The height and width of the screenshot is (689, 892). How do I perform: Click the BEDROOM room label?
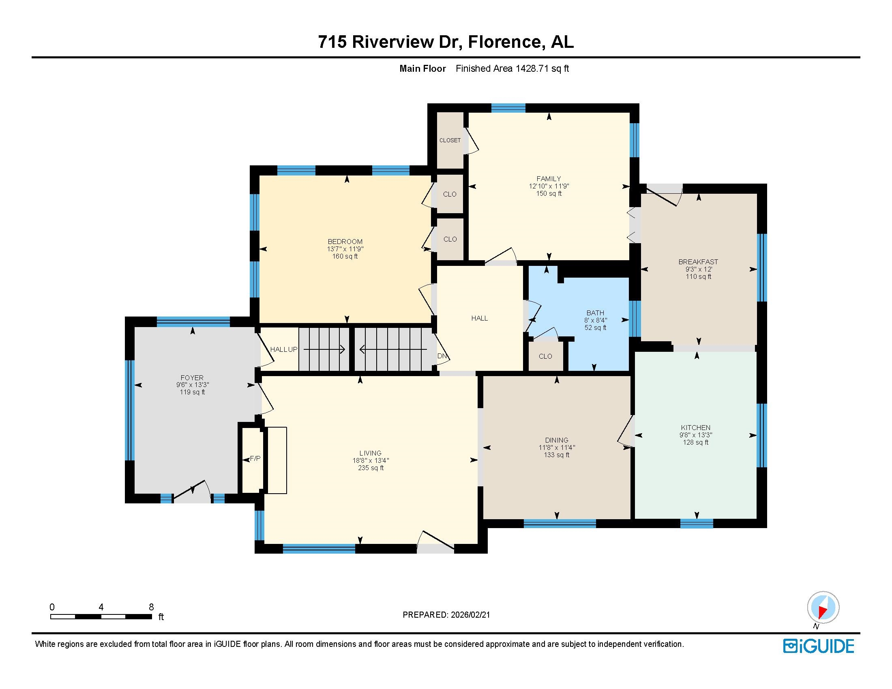coord(345,241)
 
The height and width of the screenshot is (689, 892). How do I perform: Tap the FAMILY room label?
coord(549,178)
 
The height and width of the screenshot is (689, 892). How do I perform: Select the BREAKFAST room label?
coord(698,262)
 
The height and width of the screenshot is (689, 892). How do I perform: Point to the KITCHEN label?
coord(695,428)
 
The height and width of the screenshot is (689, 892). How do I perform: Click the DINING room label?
coord(557,440)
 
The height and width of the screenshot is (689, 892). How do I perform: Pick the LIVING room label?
coord(371,453)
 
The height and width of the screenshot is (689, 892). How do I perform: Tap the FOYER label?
coord(192,378)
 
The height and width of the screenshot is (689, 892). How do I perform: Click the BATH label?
coord(595,313)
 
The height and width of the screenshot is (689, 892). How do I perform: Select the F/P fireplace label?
coord(255,458)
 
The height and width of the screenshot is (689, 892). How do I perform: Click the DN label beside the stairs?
coord(442,356)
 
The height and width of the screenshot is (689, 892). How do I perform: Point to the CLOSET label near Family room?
coord(450,140)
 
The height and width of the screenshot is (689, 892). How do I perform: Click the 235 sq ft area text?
coord(371,468)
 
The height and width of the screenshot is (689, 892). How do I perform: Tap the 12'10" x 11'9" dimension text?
coord(549,186)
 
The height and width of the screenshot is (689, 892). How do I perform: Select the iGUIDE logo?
coord(819,646)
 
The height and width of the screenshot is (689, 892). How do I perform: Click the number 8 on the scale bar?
coord(151,607)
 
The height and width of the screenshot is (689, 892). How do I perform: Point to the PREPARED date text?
coord(446,615)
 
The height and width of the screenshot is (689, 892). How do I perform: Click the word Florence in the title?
coord(505,42)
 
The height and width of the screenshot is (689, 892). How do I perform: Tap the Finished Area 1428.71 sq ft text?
coord(512,68)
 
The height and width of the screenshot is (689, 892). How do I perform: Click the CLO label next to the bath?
coord(545,356)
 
